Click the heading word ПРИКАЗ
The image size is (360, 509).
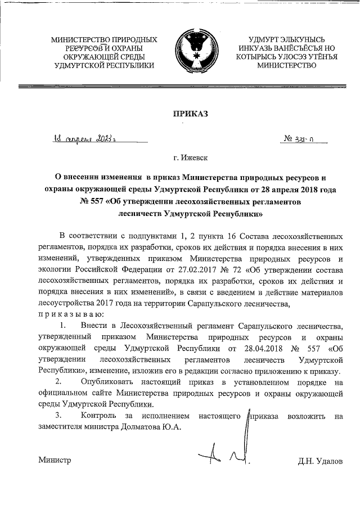[x=190, y=114]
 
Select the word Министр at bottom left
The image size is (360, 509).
[x=55, y=461]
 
